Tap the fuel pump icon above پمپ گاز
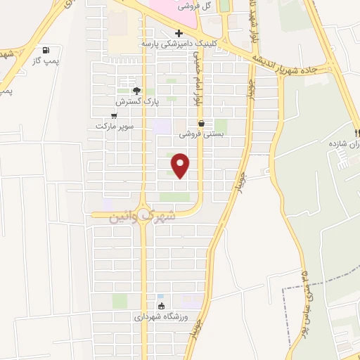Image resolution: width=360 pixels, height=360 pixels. (46, 50)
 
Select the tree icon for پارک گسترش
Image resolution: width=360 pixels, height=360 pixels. (137, 91)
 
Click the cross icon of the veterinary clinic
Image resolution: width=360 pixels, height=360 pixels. (179, 33)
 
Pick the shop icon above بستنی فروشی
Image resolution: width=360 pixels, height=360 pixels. (201, 123)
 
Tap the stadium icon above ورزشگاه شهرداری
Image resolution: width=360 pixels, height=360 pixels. (162, 306)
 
